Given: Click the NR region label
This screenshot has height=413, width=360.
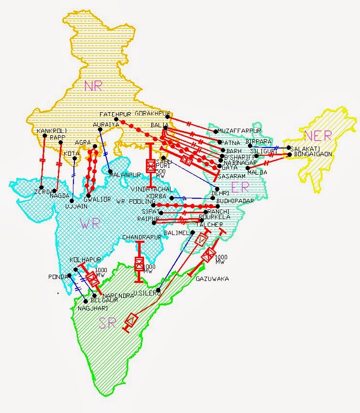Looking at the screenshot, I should [93, 86].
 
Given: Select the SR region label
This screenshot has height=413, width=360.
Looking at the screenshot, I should [108, 324].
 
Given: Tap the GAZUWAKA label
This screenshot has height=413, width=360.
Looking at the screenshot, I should [213, 279].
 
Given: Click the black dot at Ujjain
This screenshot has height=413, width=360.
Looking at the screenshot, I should [72, 200].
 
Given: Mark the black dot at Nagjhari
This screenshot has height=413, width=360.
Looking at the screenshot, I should [86, 301].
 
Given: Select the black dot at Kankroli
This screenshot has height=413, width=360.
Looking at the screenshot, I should [44, 136].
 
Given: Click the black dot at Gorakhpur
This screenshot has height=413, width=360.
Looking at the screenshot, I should [167, 117].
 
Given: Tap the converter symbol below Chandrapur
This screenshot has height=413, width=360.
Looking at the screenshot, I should [139, 264].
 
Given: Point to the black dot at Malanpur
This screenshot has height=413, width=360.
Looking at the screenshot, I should [110, 173].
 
